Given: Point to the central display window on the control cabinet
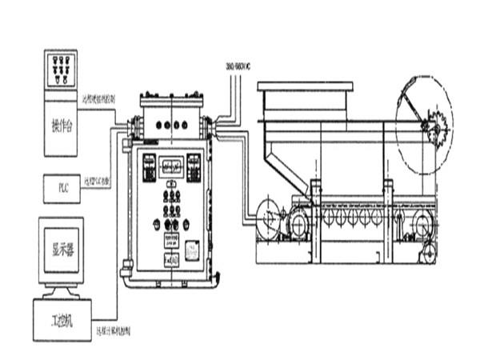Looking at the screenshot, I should [x=170, y=166].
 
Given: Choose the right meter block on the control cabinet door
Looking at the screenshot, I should [x=192, y=167].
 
